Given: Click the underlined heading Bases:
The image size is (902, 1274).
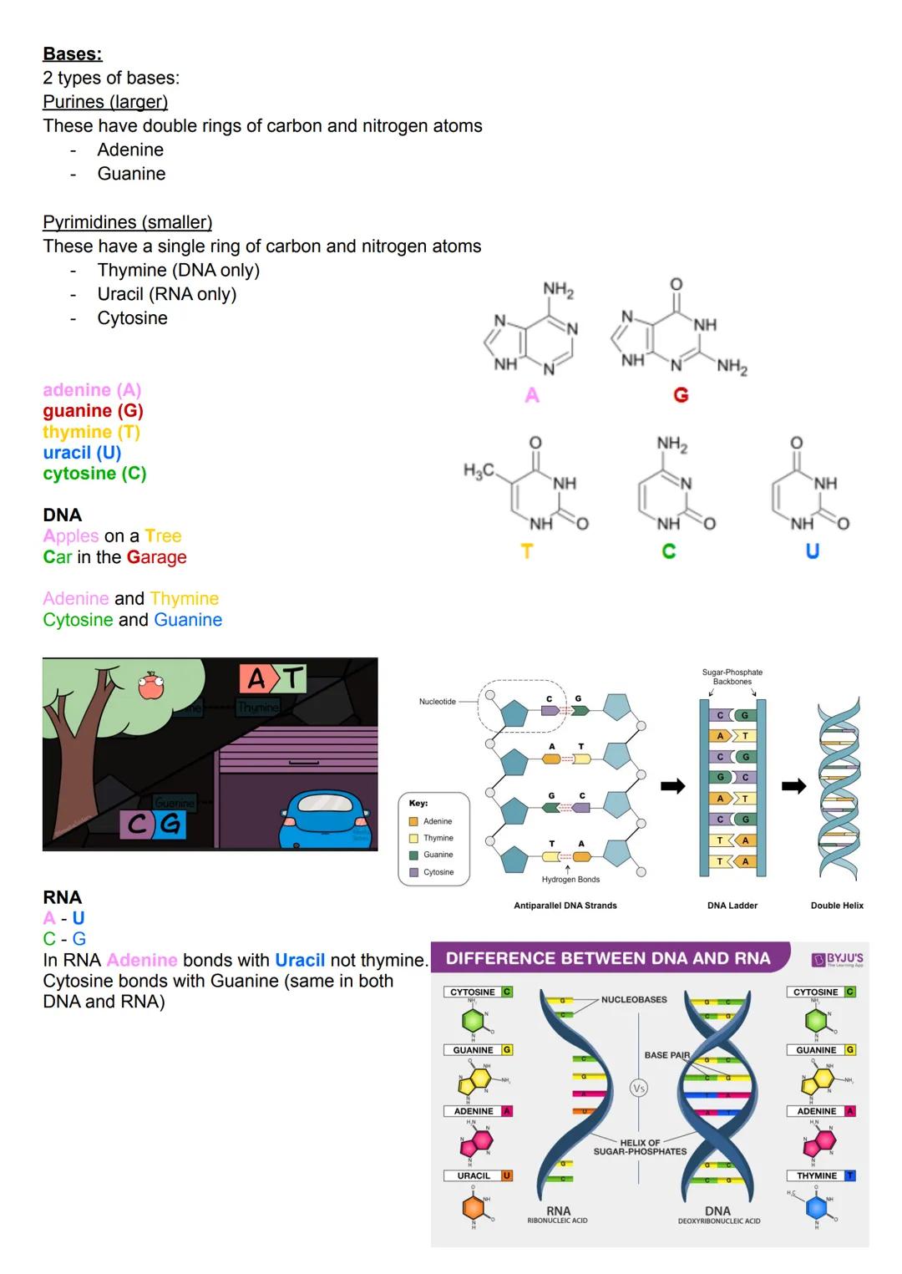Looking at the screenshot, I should tap(73, 54).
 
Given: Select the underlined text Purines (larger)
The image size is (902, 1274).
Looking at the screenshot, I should tap(105, 102).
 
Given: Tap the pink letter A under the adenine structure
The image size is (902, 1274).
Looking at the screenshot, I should tap(532, 396).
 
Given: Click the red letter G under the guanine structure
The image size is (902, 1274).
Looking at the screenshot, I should tap(681, 396).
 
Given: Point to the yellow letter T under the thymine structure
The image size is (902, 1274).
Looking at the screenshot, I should tap(526, 551).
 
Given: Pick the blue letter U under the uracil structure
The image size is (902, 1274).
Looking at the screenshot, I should tap(812, 551).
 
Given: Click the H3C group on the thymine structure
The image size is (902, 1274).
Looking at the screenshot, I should tap(479, 471).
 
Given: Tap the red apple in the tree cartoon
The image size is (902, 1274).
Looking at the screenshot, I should tap(151, 686).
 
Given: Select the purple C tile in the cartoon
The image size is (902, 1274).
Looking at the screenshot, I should tap(137, 825).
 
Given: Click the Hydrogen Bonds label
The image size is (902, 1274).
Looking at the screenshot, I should tap(570, 879).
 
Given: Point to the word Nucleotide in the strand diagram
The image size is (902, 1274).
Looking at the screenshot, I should tap(438, 702).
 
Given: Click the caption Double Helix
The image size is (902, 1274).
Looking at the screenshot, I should tap(837, 906).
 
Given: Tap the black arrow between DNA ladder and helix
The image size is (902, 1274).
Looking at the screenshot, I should tap(793, 786).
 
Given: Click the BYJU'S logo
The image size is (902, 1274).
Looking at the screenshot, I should tap(839, 959).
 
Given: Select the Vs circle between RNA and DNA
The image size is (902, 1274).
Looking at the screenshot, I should tap(639, 1089).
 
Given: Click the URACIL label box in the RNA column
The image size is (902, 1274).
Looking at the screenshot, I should tap(478, 1175).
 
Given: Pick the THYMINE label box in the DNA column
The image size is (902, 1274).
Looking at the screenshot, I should tap(821, 1175).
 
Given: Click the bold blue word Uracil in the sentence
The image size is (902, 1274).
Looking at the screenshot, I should tap(300, 960).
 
